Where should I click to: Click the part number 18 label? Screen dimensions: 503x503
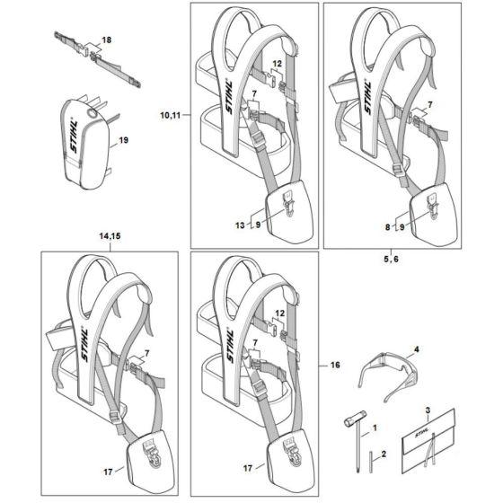107,41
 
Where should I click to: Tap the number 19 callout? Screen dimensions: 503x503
124,141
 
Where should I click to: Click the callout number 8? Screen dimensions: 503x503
387,229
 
